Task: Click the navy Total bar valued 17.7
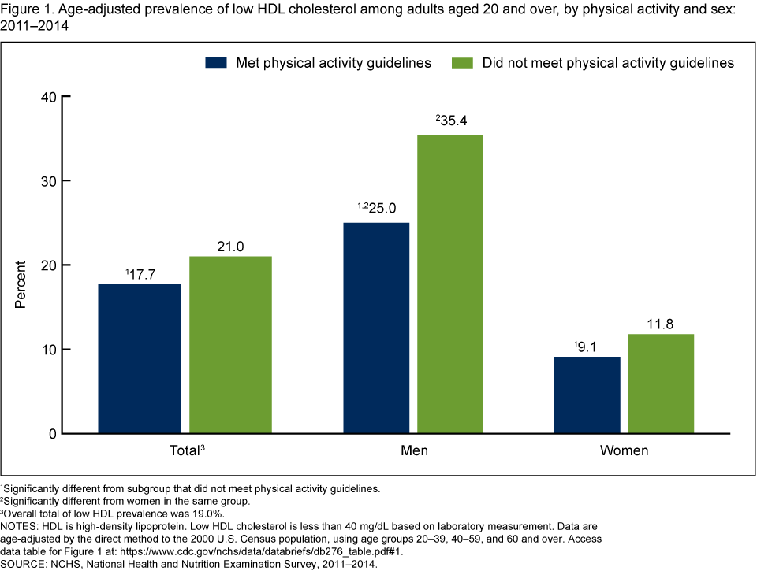(139, 358)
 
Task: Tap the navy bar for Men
(376, 328)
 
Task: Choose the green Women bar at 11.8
(661, 384)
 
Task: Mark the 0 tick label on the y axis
(52, 434)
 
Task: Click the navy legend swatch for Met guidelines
(216, 63)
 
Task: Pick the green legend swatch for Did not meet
(461, 63)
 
